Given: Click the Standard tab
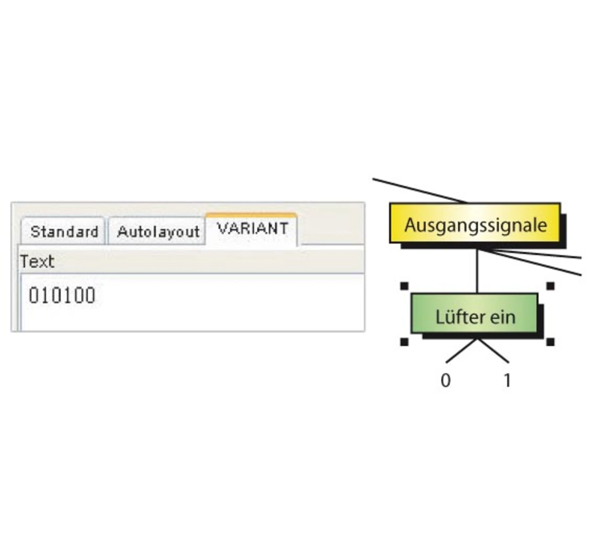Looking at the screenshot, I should click(x=64, y=231).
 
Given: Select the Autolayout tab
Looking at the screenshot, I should click(x=158, y=231).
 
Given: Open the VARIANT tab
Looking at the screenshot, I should click(x=252, y=229).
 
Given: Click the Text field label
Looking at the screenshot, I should click(x=37, y=262).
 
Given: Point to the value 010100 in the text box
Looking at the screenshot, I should click(x=62, y=295).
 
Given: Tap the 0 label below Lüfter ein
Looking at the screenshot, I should click(x=445, y=380).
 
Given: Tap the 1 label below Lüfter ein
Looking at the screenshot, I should click(x=507, y=380).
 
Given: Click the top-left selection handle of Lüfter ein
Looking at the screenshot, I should click(x=404, y=286).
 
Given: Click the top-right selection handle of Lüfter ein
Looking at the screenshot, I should click(x=550, y=286).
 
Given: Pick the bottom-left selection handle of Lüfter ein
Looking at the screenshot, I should click(x=404, y=342).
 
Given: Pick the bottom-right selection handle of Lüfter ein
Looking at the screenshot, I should click(x=550, y=342).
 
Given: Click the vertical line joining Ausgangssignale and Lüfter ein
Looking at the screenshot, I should click(x=477, y=271).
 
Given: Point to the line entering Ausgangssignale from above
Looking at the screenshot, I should click(x=418, y=191).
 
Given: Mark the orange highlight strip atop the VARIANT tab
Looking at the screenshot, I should click(x=251, y=215).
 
